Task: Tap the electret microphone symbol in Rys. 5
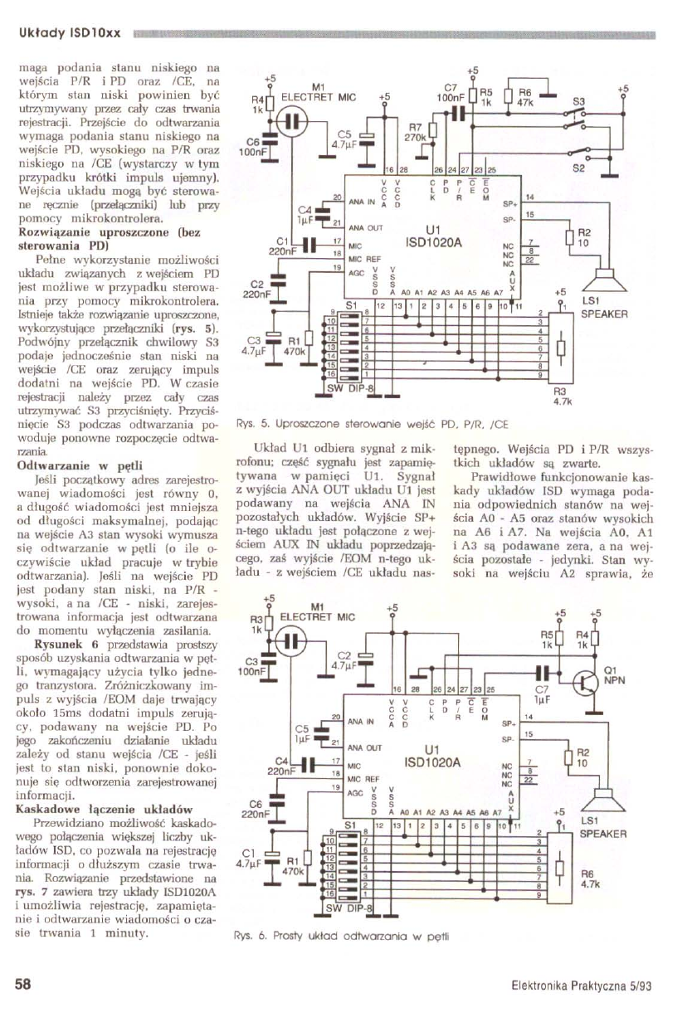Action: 288,124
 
